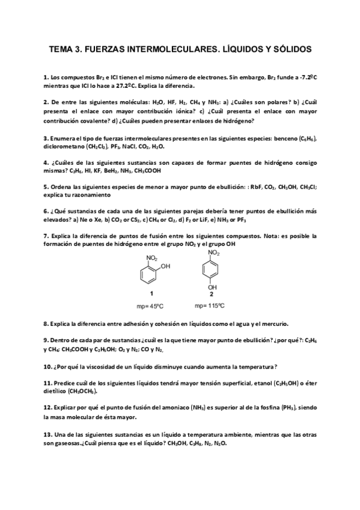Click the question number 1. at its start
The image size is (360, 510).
pos(46,78)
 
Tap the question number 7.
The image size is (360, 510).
pos(46,236)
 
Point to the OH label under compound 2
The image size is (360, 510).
pos(211,288)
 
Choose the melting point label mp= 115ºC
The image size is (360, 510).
pos(210,307)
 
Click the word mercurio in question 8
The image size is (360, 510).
pos(273,324)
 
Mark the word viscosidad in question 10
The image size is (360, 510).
pos(96,366)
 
